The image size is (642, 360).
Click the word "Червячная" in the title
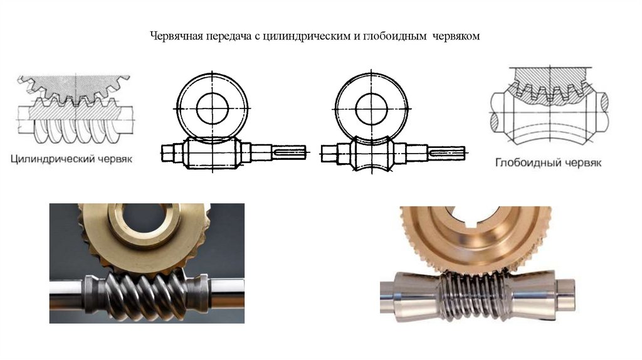coord(177,36)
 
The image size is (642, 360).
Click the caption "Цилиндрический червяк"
coord(71,159)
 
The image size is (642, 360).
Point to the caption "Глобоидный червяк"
coord(548,162)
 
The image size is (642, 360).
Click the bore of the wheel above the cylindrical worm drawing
coord(212,109)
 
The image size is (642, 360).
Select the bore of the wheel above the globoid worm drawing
coord(371,109)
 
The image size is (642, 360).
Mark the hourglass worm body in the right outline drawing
coord(371,154)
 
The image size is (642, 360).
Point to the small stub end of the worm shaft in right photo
coord(567,292)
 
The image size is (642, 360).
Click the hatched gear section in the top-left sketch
coord(74,87)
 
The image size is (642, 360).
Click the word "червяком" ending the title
coord(456,36)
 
